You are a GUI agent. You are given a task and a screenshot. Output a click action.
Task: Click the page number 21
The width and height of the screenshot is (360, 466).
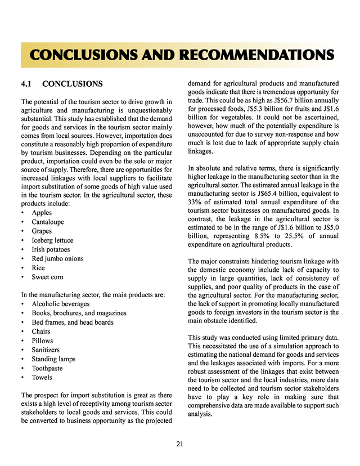pos(179,444)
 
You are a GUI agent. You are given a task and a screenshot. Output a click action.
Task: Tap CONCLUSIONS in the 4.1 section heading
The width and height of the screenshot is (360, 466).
pos(73,84)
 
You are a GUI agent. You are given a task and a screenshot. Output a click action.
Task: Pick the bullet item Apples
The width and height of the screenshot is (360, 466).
pos(42,213)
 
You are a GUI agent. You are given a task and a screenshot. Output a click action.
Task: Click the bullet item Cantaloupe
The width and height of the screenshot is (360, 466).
pos(47,222)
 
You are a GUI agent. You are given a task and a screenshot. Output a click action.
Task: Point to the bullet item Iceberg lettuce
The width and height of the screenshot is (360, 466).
pos(52,240)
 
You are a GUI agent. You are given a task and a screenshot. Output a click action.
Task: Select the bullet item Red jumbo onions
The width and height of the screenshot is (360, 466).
pos(57,258)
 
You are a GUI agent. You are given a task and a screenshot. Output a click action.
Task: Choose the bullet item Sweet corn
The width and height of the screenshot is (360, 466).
pos(48,277)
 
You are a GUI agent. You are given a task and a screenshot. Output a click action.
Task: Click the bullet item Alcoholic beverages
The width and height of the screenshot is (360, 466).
pos(61,304)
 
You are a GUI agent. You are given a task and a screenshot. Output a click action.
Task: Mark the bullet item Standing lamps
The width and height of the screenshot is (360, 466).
pos(53,359)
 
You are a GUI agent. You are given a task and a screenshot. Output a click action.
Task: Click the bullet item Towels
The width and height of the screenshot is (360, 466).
pos(42,377)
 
